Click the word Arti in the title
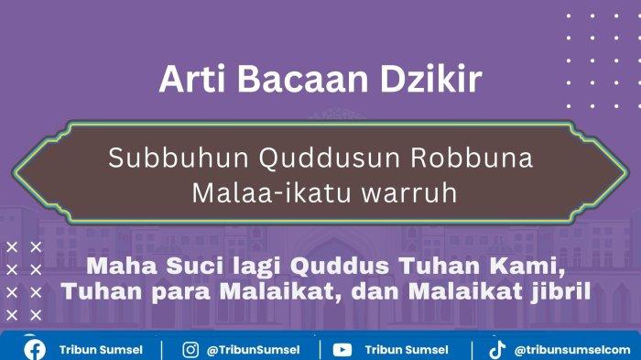[x=192, y=78]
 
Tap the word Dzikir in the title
[x=431, y=78]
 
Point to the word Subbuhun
[x=179, y=158]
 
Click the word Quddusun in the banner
[x=330, y=158]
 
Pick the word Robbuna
[x=472, y=158]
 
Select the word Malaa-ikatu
[x=271, y=192]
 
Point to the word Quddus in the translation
[x=340, y=267]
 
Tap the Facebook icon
[x=35, y=350]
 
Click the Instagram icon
[x=190, y=350]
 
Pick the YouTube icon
[x=342, y=350]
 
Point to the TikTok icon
[x=497, y=350]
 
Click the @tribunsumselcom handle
[x=572, y=350]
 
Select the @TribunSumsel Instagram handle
[x=253, y=350]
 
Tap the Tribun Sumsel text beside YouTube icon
[x=407, y=350]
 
